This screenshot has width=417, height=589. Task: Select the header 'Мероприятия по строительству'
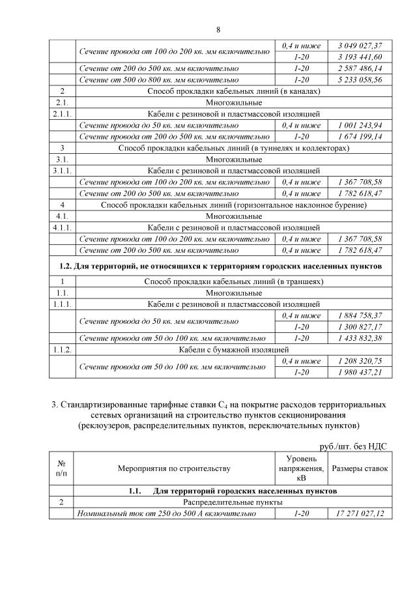point(174,468)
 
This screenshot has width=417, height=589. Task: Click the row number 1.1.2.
point(63,350)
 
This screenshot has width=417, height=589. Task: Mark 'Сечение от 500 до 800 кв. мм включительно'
point(173,79)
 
